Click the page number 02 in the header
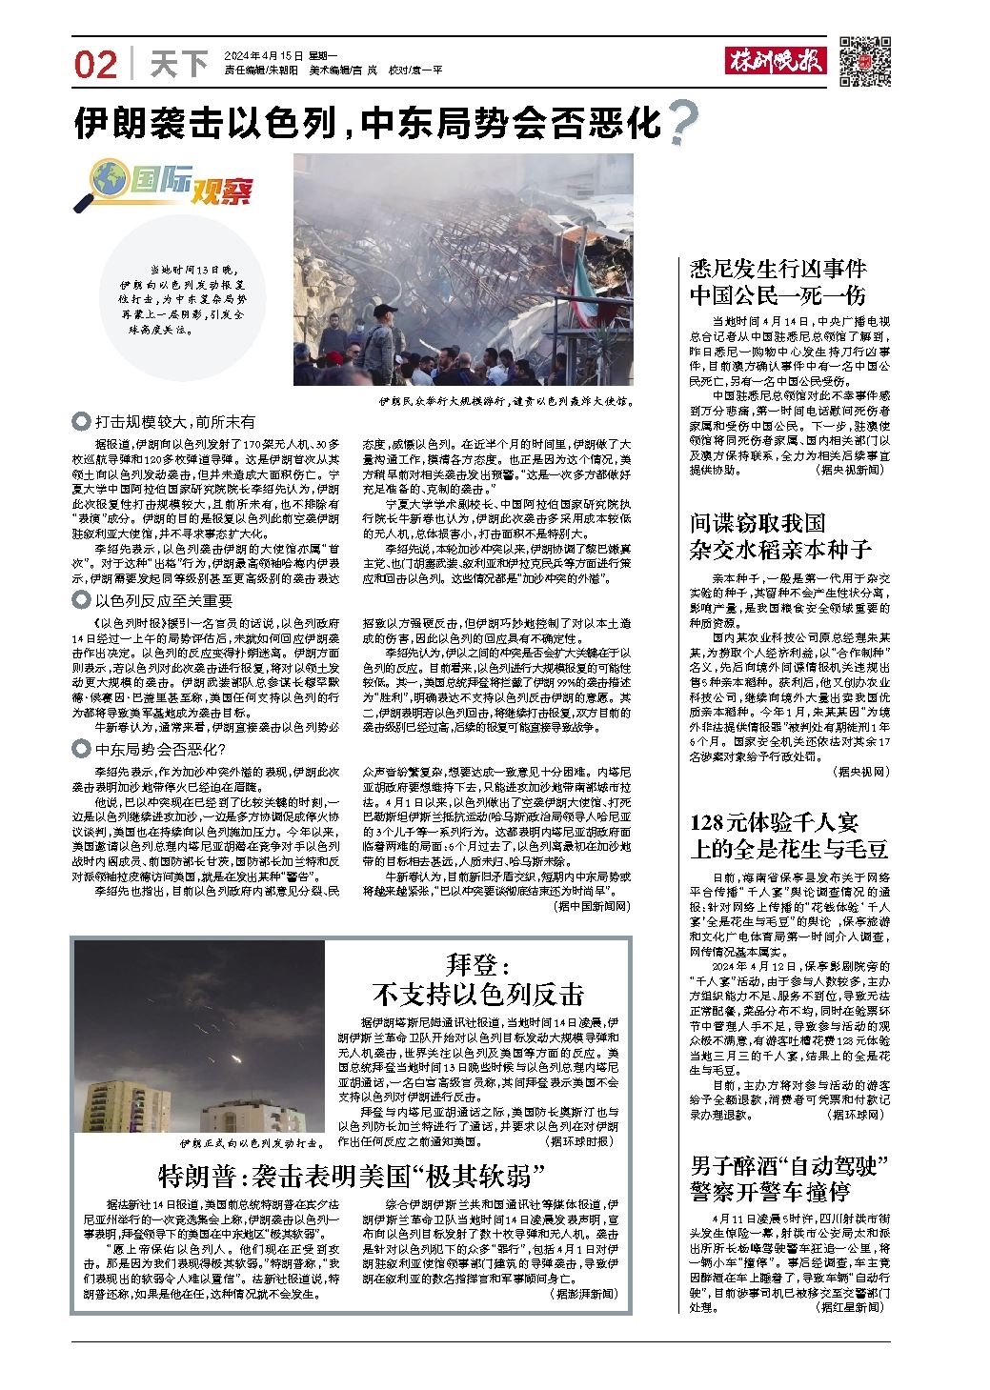pos(96,64)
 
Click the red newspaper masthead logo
pos(777,62)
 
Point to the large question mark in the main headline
pos(682,122)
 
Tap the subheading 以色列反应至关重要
pos(163,599)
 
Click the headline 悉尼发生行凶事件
pos(778,269)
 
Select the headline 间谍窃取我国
pos(758,522)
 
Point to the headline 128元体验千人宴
pos(774,821)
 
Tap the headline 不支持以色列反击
pos(478,994)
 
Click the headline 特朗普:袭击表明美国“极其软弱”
pos(352,1175)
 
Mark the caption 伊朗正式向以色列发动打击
pos(259,1142)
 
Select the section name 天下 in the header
pos(179,64)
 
